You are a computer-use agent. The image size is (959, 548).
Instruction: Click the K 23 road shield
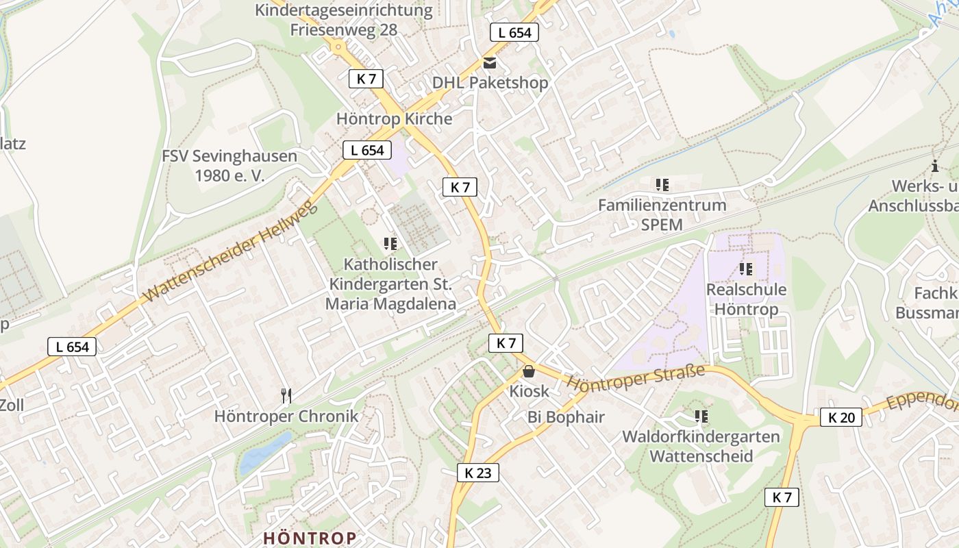[478, 473]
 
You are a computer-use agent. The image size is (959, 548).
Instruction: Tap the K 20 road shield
[841, 417]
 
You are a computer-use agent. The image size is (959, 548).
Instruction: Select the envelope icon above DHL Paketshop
[490, 63]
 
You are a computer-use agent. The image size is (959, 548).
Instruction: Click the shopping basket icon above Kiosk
[529, 372]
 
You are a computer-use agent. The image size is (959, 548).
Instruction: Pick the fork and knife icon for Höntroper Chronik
[286, 395]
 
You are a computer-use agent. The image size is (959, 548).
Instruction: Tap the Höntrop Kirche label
[394, 119]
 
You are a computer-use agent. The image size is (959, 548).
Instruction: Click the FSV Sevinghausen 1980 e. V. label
[229, 165]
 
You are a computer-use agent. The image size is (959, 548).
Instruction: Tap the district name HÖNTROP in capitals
[310, 538]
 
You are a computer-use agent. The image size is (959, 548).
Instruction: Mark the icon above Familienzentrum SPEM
[662, 185]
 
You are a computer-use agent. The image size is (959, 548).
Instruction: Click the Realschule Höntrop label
[746, 299]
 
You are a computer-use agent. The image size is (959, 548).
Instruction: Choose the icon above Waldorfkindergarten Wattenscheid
[701, 416]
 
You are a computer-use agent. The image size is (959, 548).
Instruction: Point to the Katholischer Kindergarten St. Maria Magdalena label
[390, 284]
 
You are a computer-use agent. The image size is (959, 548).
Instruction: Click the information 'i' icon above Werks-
[935, 166]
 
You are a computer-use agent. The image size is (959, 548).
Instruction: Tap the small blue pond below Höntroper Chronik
[264, 453]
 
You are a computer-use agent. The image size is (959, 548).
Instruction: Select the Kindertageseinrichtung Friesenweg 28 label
[344, 20]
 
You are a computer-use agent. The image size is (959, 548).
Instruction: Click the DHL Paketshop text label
[490, 83]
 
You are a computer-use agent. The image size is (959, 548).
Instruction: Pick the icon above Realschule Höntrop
[746, 269]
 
